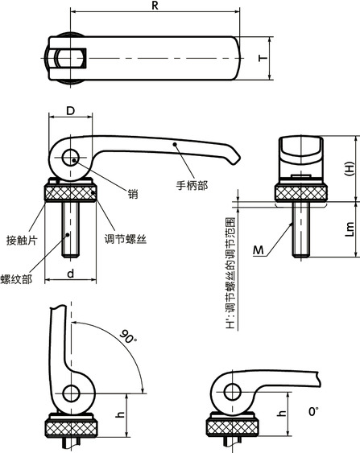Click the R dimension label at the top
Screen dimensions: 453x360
point(153,6)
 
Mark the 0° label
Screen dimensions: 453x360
point(313,411)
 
